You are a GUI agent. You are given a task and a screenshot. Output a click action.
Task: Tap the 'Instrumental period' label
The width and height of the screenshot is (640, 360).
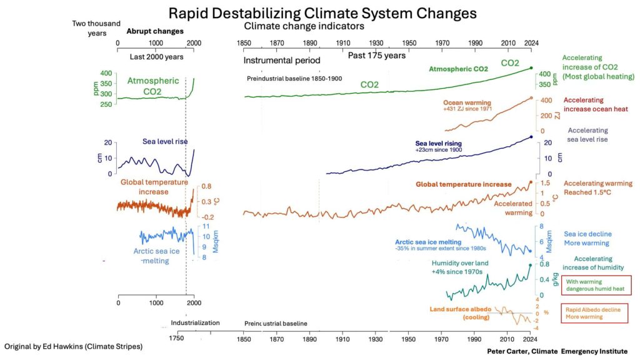[281, 61]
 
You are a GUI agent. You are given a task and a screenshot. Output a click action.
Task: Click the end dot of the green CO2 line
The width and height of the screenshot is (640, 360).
[531, 67]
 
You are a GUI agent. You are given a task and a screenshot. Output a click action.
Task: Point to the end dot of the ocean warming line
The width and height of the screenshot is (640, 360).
[531, 98]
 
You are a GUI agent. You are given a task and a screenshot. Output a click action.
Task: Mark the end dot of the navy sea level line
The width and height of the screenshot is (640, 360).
[531, 137]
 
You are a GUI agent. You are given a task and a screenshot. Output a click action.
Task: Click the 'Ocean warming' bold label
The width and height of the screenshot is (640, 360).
[467, 102]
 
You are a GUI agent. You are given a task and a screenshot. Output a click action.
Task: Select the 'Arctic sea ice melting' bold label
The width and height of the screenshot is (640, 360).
[427, 242]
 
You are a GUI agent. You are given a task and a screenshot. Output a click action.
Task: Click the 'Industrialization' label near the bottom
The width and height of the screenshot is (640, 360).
[195, 323]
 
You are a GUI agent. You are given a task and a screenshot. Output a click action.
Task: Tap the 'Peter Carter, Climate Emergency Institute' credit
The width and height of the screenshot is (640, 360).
[557, 351]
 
